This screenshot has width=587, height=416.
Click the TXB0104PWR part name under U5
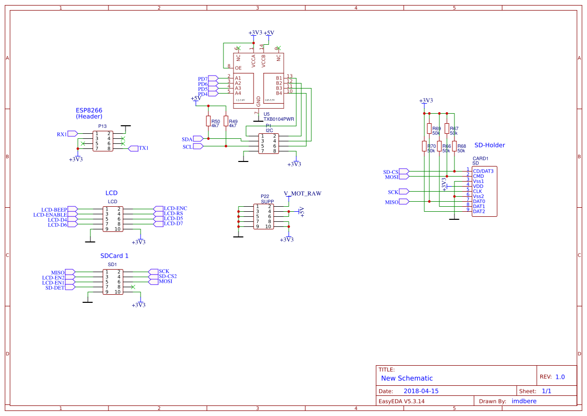coord(279,119)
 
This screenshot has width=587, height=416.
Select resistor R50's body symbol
coord(208,121)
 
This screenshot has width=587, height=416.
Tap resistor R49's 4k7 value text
coord(232,125)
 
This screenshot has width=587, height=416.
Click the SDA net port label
coord(187,139)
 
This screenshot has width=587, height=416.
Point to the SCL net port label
coord(187,147)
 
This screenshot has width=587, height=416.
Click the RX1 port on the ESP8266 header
coord(62,134)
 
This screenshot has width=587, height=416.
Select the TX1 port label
coord(144,148)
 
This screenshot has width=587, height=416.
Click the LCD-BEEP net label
coord(54,209)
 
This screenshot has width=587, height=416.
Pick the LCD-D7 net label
coord(173,223)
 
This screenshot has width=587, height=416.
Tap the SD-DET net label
coord(55,288)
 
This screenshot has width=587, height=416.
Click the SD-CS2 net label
coord(168,276)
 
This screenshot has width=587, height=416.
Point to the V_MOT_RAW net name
coord(302,193)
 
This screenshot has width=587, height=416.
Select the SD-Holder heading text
coord(490,145)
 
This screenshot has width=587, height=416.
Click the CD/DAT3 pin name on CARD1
coord(483,171)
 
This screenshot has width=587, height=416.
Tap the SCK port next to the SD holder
coord(393,192)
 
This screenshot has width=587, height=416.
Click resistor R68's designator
coord(461,146)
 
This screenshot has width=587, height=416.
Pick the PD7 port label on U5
coord(203,79)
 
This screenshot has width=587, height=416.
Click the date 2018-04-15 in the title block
coord(421,391)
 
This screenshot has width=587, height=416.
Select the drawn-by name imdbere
coord(524,401)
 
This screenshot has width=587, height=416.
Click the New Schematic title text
coord(407,378)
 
